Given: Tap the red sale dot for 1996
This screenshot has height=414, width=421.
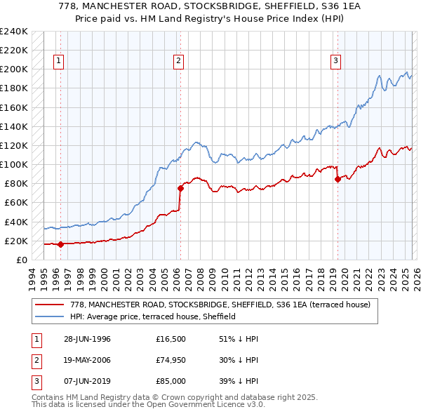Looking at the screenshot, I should point(60,244).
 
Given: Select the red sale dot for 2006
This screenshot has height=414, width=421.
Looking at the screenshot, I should point(180,188).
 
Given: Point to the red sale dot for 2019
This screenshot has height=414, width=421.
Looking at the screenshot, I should point(338,179).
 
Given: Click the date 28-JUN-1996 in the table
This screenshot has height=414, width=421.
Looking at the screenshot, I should point(87,339).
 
